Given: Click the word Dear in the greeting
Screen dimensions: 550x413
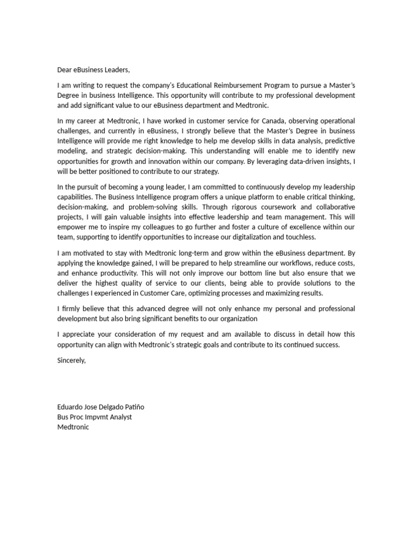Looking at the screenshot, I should (65, 70).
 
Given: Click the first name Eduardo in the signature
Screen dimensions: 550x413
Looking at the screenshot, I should (70, 407).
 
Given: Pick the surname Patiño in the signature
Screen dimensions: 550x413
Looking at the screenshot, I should (133, 407).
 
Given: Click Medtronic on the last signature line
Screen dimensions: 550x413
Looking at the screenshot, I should (73, 427).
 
